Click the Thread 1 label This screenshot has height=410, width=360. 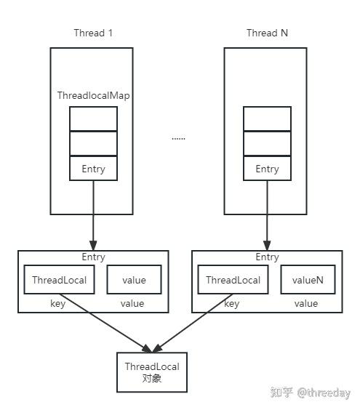point(93,33)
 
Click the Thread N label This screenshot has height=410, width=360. point(266,33)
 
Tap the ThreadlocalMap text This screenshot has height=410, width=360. point(93,96)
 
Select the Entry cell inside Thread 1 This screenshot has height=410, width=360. point(93,169)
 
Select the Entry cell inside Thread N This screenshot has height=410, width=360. point(267,169)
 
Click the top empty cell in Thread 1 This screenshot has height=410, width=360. point(93,118)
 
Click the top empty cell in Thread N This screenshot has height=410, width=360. point(267,118)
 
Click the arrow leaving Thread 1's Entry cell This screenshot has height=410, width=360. point(93,214)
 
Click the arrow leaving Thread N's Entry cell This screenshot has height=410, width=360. point(267,214)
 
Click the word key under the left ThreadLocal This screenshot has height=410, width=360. point(58,304)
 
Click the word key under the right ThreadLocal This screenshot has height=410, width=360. point(232,304)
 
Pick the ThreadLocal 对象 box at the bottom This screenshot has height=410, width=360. point(151,371)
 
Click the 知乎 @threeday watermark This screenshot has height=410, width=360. point(310,393)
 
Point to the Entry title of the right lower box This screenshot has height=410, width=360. point(267,257)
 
